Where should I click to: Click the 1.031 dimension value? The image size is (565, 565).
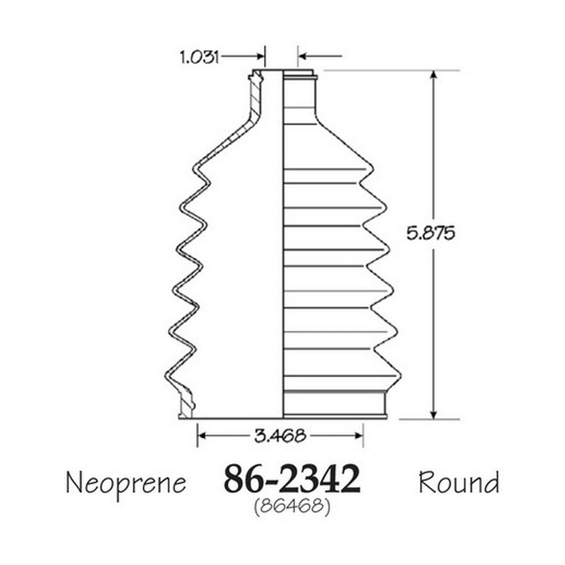[x=199, y=57]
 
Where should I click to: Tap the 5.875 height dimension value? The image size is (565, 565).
[x=430, y=233]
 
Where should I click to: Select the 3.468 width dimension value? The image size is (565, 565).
[x=280, y=436]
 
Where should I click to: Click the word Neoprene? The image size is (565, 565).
[x=126, y=483]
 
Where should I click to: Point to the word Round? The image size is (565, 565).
[x=459, y=482]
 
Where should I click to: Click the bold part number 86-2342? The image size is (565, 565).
[x=292, y=479]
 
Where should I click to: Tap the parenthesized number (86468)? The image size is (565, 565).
[x=292, y=507]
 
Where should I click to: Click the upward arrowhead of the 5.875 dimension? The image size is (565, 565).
[x=434, y=75]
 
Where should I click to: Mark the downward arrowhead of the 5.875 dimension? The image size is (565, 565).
[x=434, y=414]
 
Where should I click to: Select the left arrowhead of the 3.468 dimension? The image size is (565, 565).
[x=202, y=436]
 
